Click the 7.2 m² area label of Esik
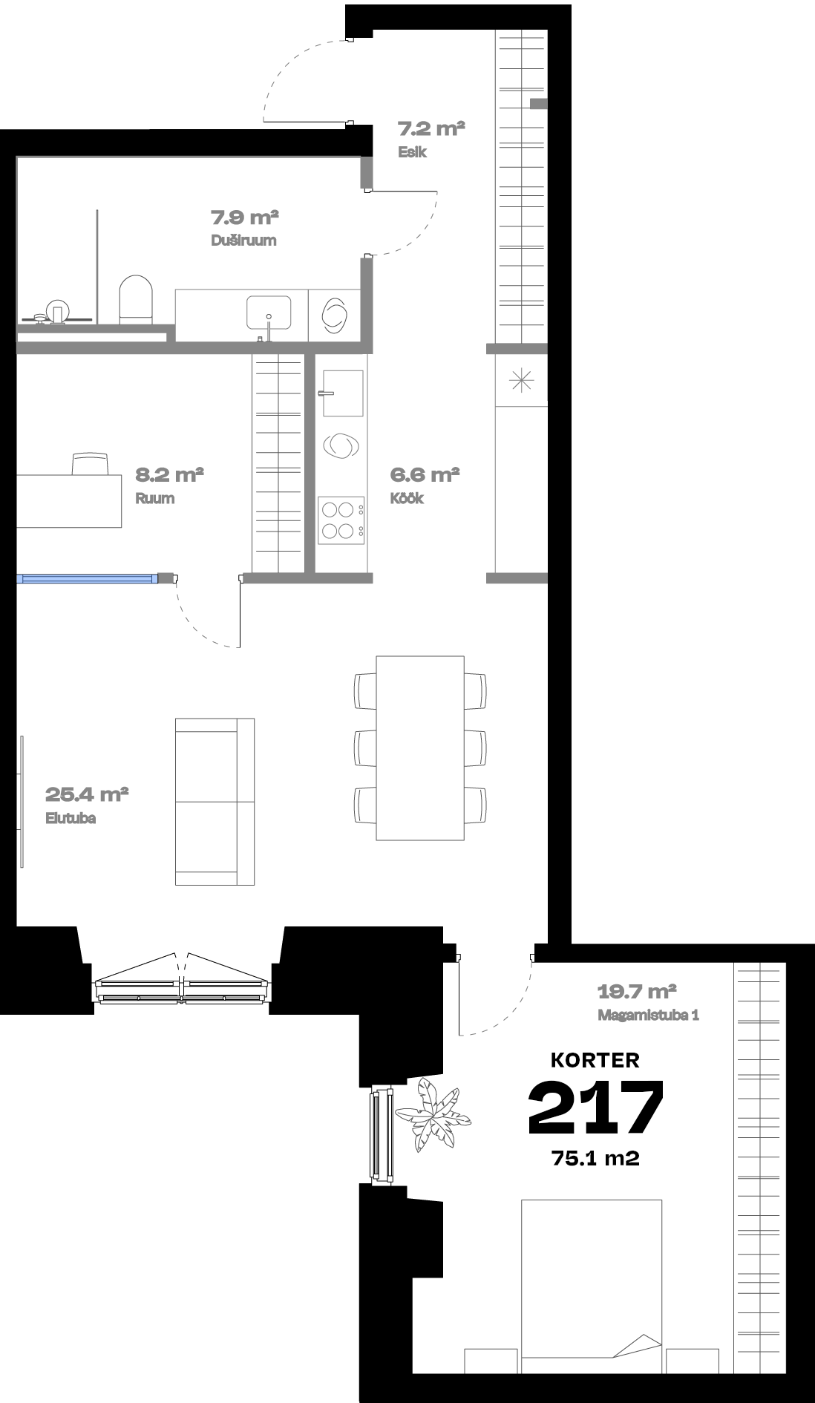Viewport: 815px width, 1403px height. click(x=431, y=129)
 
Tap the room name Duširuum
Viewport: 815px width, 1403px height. click(x=243, y=241)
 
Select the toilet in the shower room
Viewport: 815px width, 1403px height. click(x=136, y=300)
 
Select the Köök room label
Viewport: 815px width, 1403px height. click(x=407, y=498)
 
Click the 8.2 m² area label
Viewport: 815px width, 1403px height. click(x=169, y=474)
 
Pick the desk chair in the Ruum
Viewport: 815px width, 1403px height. click(x=91, y=464)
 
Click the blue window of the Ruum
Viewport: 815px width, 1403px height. click(x=88, y=578)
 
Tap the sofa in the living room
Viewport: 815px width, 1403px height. click(x=215, y=802)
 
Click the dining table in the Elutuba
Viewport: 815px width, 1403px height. click(x=420, y=748)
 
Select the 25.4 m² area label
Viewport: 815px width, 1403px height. click(x=88, y=795)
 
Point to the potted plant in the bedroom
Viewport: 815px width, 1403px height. click(x=433, y=1113)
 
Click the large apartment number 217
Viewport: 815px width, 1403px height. click(x=595, y=1108)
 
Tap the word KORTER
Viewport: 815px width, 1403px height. click(x=595, y=1060)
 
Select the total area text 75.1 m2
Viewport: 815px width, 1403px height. click(x=595, y=1157)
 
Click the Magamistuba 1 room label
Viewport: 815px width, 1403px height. click(x=648, y=1015)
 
